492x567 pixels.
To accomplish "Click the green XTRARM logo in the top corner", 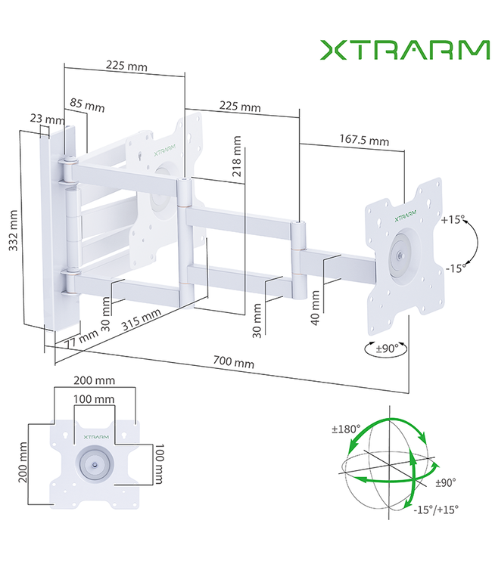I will click(404, 50).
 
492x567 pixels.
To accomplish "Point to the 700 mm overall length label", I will click(233, 363).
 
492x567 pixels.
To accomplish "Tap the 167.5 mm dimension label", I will click(364, 140).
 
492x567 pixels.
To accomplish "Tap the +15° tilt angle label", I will click(453, 221).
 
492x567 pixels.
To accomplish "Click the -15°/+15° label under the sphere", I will click(437, 509).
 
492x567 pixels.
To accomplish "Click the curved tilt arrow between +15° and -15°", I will click(475, 243).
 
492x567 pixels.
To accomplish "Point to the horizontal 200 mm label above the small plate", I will click(94, 380).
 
